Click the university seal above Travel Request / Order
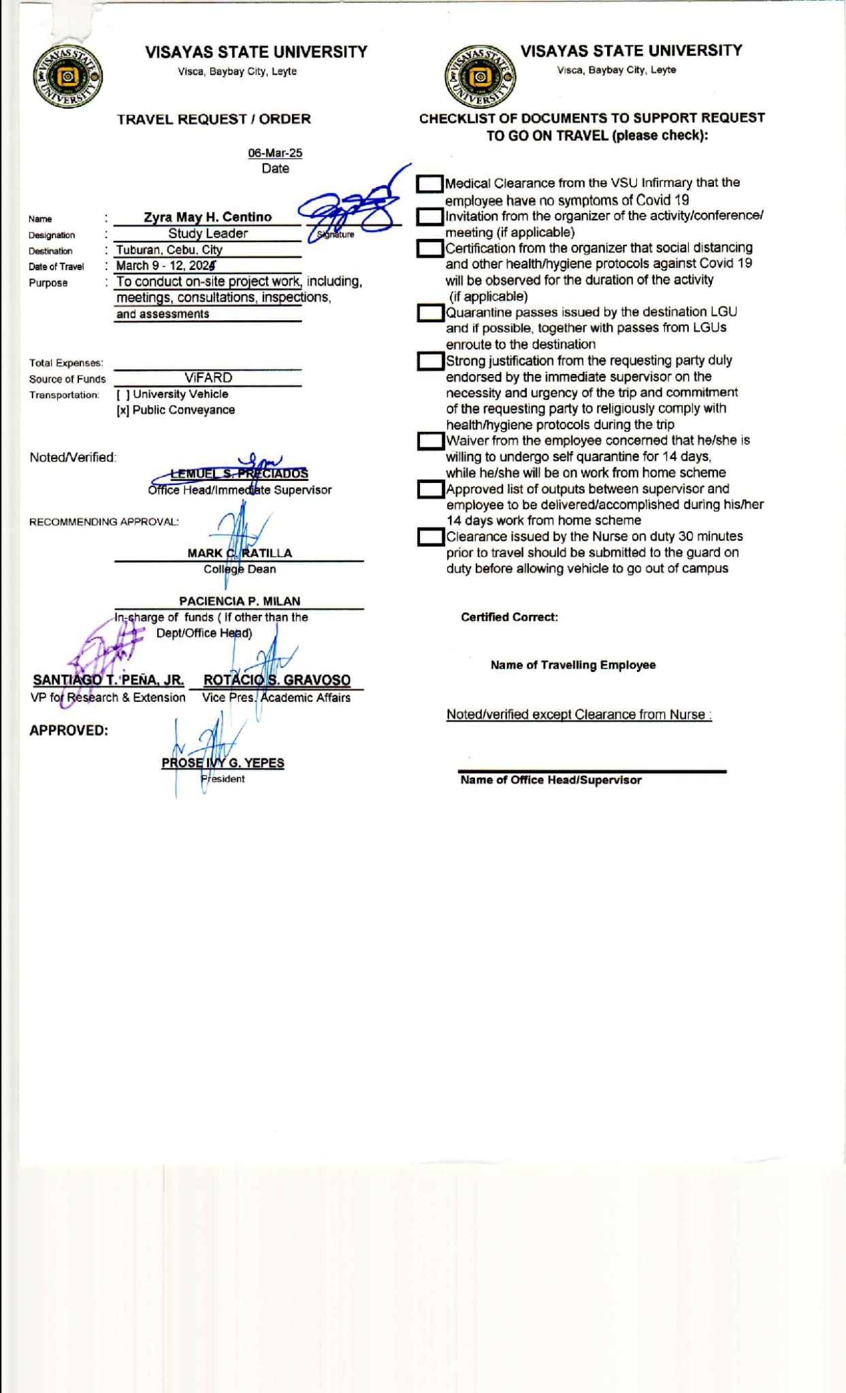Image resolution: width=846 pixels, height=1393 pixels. (67, 77)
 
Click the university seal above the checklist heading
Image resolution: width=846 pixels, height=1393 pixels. (481, 77)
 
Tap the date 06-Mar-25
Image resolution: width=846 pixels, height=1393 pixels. (275, 153)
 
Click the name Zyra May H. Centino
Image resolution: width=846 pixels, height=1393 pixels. (208, 217)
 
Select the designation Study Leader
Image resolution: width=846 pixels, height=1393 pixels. (208, 233)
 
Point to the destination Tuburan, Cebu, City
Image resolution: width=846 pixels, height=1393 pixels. (169, 250)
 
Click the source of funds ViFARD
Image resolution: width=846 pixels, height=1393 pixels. (208, 377)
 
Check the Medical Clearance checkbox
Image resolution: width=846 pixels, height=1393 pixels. (429, 184)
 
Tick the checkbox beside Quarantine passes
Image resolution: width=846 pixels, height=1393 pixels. (429, 313)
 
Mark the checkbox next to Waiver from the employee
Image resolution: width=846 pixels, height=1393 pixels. (429, 441)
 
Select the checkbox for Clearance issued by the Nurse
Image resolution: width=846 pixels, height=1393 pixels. (429, 537)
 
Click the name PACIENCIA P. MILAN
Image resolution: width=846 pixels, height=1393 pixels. (240, 601)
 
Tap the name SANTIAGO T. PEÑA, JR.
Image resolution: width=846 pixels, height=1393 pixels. (109, 680)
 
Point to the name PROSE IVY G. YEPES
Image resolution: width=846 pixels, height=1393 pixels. (223, 763)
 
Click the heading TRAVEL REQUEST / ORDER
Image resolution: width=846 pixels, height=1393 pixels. (214, 119)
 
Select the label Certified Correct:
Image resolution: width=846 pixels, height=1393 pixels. (509, 617)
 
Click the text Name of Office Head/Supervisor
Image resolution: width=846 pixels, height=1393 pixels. (551, 780)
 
